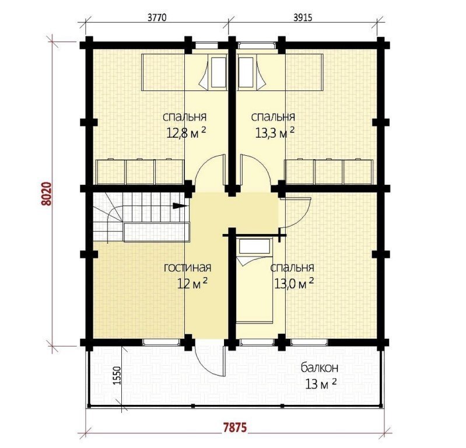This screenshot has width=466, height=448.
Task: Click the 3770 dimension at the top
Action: [157, 17]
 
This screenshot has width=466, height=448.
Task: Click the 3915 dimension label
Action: [303, 17]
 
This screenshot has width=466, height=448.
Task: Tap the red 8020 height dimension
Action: [47, 194]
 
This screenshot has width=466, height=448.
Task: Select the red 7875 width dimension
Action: [235, 428]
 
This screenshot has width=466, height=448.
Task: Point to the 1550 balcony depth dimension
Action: [117, 376]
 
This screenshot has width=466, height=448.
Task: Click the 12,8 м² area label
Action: [185, 133]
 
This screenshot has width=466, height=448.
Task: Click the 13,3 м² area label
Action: [275, 133]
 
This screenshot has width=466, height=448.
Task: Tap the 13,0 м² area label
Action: [293, 283]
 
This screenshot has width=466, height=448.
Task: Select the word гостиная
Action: [188, 268]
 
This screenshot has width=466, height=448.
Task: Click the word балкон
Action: [320, 368]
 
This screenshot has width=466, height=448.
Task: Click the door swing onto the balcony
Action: [210, 360]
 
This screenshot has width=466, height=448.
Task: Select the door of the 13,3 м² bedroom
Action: [255, 171]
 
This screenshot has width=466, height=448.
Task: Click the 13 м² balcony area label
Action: [321, 384]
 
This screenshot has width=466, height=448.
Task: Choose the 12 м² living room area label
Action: [192, 283]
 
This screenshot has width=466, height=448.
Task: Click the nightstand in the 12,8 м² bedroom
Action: [219, 72]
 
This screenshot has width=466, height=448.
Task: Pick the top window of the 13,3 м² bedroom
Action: [257, 45]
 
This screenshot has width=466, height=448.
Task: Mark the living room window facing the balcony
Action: [162, 342]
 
